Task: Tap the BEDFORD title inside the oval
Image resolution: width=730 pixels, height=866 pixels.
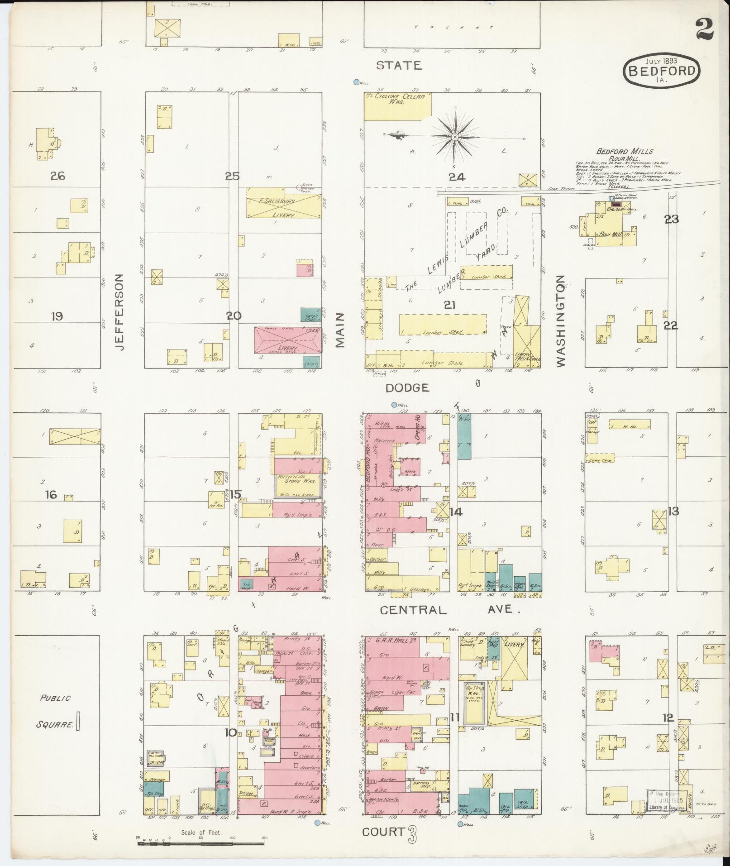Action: click(661, 71)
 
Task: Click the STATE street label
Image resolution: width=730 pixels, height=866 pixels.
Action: click(399, 66)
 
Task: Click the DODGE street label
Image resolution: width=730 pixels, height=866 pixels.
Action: click(407, 388)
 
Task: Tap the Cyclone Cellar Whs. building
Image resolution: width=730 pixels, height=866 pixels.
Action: click(397, 106)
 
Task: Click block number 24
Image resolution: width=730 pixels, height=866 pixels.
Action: click(457, 177)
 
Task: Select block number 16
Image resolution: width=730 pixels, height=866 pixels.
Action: click(51, 494)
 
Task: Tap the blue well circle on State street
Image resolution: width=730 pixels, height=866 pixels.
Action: click(357, 82)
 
